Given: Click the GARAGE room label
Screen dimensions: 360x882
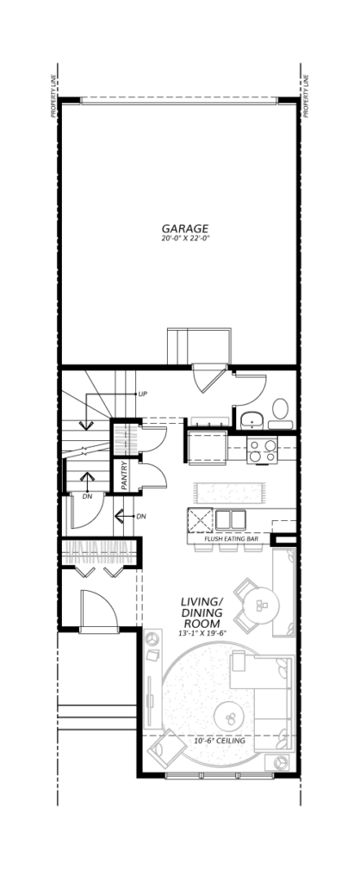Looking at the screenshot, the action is (x=185, y=228).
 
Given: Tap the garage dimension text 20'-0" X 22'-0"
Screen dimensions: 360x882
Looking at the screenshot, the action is (x=185, y=239).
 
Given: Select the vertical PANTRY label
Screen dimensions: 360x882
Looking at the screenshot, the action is (x=124, y=475).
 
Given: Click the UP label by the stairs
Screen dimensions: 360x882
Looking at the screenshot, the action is (x=143, y=394).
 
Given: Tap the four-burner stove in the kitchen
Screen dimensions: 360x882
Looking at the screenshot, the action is (x=263, y=451).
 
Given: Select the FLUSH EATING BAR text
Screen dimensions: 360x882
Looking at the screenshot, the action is (x=232, y=539).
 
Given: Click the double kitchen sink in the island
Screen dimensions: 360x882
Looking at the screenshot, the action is (x=231, y=519).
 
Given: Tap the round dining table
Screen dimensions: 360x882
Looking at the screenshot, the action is (x=262, y=606).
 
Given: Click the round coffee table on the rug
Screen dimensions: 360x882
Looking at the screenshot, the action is (x=231, y=716).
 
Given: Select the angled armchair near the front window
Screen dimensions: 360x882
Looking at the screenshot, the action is (x=167, y=748).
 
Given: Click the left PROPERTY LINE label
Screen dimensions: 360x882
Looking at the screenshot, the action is (x=53, y=99).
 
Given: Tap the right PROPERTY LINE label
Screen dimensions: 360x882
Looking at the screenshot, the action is (x=307, y=99).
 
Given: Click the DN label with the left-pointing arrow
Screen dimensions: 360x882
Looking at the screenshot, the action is (x=142, y=516).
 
